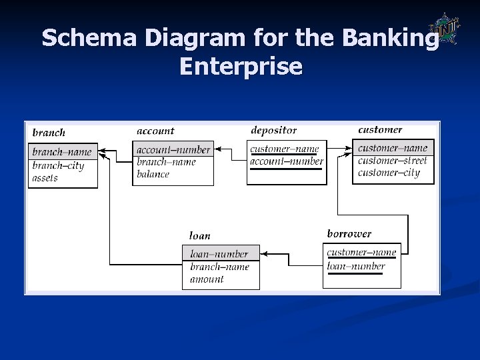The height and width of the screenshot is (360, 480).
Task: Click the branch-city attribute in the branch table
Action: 58,166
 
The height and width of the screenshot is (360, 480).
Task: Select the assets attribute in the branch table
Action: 45,178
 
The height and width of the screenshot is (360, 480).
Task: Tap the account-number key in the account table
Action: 173,150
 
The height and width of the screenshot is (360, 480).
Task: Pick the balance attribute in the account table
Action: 153,174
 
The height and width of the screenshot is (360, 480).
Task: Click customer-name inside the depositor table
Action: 285,149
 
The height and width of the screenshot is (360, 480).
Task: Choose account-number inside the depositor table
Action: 287,161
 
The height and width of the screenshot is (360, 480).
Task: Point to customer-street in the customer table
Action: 392,161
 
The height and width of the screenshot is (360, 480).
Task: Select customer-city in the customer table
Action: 389,173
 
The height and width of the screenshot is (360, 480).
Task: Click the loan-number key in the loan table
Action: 219,254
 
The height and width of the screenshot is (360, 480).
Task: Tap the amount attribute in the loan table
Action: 207,279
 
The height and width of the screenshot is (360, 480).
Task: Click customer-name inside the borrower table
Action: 361,252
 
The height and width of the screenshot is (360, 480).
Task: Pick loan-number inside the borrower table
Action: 356,266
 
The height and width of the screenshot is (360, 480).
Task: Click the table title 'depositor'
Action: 273,130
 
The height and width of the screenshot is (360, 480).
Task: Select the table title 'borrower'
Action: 349,234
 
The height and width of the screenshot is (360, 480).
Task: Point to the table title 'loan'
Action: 199,235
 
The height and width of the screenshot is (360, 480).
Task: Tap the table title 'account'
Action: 155,131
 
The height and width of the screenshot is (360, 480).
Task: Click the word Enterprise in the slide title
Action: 240,66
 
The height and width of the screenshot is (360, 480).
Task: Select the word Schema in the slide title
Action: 86,38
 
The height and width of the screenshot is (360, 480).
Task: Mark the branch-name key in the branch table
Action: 62,152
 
